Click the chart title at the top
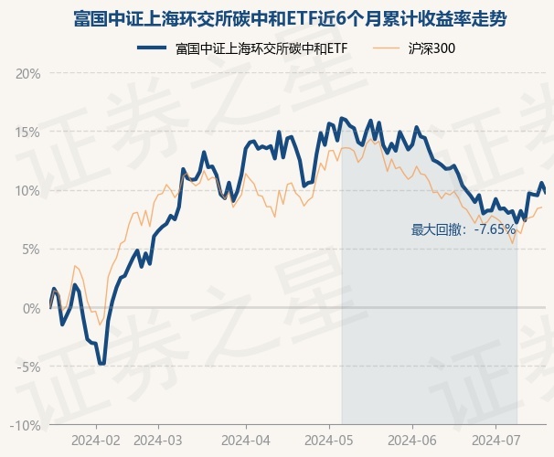[x=277, y=17]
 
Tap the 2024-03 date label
[x=157, y=441]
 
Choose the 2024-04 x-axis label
[x=246, y=441]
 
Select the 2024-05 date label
[x=331, y=441]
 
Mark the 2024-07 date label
[x=495, y=441]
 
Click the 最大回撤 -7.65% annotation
[x=463, y=229]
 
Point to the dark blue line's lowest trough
[x=102, y=364]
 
